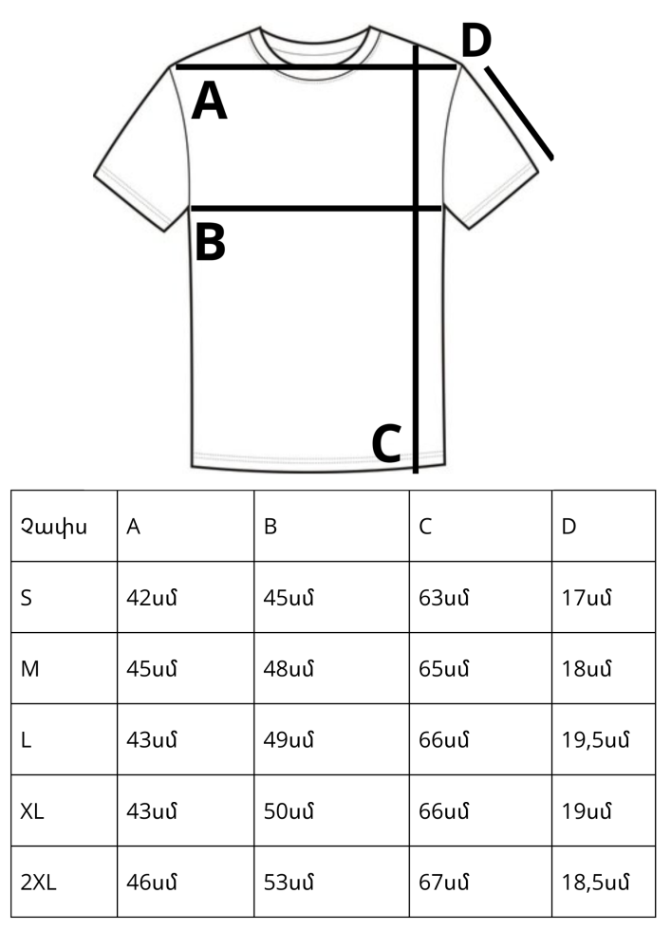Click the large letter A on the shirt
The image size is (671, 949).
(210, 102)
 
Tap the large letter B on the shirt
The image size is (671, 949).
(211, 242)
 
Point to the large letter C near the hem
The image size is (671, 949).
(386, 443)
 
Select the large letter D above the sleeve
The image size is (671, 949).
(476, 40)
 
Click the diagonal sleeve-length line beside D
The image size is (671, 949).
(518, 113)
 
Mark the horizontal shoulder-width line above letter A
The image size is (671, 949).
(316, 66)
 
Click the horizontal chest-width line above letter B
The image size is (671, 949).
(316, 209)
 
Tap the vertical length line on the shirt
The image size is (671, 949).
(416, 259)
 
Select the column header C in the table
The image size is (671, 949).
(425, 527)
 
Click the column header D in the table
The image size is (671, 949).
(568, 527)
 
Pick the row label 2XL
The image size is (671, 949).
(38, 883)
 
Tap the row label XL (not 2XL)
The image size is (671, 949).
(32, 811)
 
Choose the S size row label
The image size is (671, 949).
(26, 598)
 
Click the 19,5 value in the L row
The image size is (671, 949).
(595, 739)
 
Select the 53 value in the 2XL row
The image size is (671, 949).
(289, 883)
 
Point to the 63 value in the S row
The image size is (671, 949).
(443, 598)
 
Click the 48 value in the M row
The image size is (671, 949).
(289, 669)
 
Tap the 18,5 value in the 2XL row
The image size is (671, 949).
(595, 883)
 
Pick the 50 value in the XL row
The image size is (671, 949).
(289, 811)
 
